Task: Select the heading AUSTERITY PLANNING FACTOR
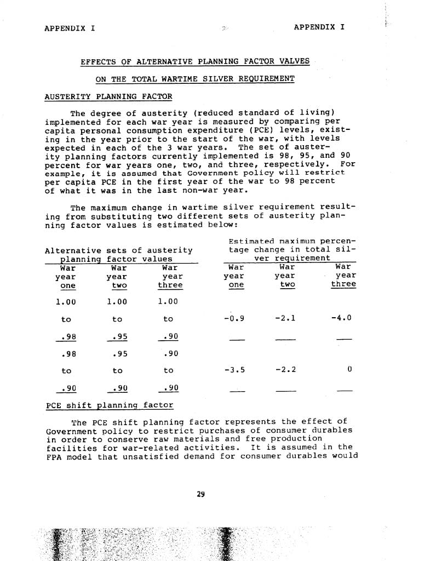click(108, 97)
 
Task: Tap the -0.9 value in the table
click(234, 318)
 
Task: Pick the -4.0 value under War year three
click(341, 318)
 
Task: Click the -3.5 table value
click(234, 369)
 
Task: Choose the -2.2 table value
click(285, 369)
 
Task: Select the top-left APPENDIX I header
click(70, 27)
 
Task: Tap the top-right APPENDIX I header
click(319, 27)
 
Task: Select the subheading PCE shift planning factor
click(110, 405)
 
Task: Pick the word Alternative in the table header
click(71, 250)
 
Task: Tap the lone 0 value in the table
click(349, 369)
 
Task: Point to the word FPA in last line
click(54, 456)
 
